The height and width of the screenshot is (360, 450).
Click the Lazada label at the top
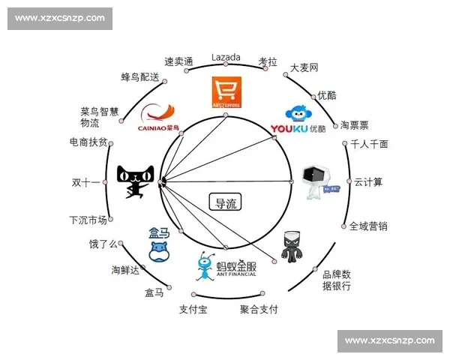click(x=226, y=57)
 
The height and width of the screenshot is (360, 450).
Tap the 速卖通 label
click(x=179, y=61)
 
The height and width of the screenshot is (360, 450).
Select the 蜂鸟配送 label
click(x=140, y=76)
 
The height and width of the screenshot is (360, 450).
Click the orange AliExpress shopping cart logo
click(x=226, y=94)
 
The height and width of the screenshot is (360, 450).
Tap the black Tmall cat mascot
click(x=135, y=181)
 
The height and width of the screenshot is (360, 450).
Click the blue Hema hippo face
click(x=158, y=250)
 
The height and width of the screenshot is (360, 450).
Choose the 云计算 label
click(x=368, y=181)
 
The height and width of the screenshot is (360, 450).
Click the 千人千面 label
click(x=369, y=144)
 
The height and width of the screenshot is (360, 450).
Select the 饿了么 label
click(x=104, y=244)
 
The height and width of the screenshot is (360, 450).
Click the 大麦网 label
click(x=304, y=67)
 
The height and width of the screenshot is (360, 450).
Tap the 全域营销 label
click(x=368, y=226)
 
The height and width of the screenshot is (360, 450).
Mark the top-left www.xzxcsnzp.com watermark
click(x=60, y=18)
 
